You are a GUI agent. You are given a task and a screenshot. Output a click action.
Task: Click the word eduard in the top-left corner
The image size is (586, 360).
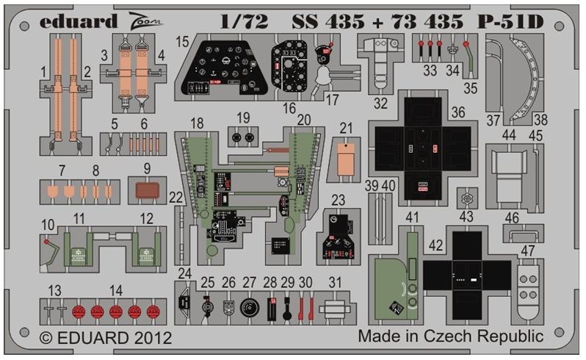point(79,21)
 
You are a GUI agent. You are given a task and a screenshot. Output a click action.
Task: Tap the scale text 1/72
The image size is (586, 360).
point(244,22)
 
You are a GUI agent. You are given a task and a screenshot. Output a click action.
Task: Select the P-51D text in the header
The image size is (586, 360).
point(510,22)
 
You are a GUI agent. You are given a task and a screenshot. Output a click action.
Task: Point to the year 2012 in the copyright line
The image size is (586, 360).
point(153,338)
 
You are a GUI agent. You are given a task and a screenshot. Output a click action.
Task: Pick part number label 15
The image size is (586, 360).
point(182,41)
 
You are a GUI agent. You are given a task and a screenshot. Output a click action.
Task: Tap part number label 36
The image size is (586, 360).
point(457,112)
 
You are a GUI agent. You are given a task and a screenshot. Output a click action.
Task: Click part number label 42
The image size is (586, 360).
point(435,245)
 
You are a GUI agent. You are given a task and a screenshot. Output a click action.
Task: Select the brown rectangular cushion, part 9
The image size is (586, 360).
point(148,191)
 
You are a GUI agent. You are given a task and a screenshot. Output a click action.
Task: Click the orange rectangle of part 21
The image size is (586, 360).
point(346,160)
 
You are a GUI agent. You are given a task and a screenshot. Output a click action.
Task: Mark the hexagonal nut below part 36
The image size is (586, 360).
point(467,198)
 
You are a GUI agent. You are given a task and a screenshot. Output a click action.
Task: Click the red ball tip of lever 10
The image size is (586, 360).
point(46,242)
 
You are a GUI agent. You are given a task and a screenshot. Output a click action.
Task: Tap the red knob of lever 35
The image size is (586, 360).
point(466,44)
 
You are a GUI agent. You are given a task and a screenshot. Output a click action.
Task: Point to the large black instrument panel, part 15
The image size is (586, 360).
point(224,68)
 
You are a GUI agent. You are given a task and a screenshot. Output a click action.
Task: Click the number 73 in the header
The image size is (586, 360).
point(404,22)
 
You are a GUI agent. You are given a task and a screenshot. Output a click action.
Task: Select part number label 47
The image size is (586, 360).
point(528,251)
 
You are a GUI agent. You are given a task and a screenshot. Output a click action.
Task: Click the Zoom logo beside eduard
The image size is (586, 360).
point(145,20)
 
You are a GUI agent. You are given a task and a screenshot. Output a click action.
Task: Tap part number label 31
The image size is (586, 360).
point(336,282)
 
